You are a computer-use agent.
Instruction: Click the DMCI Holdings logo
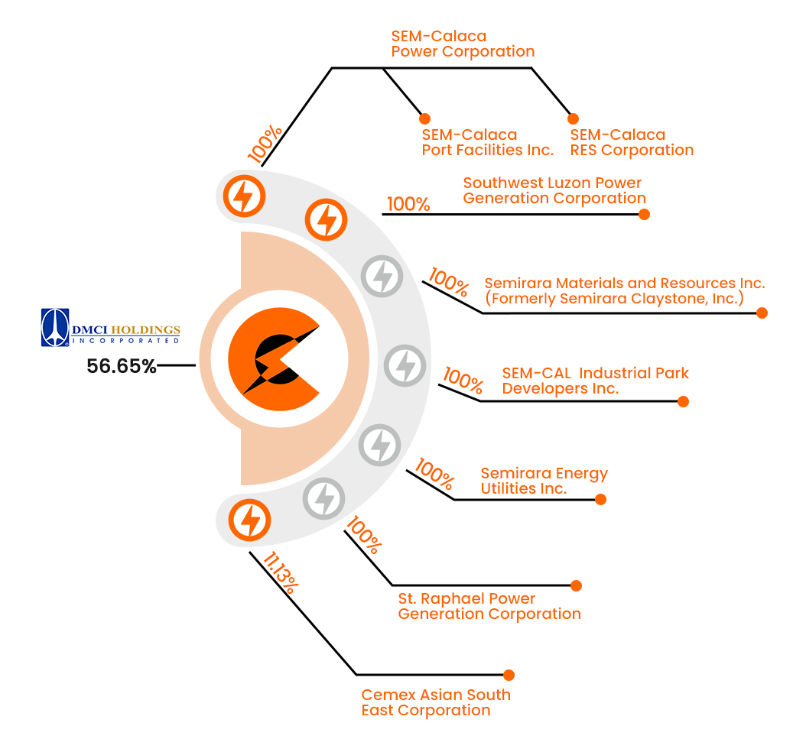coord(111,328)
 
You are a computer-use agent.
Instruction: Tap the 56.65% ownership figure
coord(122,366)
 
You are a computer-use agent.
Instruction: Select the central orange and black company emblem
coord(273,358)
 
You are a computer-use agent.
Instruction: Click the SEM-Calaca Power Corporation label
coord(462,44)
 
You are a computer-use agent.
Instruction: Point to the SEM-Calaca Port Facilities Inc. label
coord(487,143)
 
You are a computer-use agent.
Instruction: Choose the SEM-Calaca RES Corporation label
coord(632,143)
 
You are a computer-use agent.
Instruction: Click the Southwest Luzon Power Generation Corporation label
coord(554,191)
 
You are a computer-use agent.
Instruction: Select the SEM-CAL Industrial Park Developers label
coord(595,381)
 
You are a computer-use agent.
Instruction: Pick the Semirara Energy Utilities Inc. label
coord(544,481)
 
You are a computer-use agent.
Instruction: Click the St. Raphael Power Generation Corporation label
coord(489,606)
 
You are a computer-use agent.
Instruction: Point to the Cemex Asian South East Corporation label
coord(436,702)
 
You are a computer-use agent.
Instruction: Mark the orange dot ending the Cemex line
coord(509,675)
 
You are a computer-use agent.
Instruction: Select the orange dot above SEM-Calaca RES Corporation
coord(573,118)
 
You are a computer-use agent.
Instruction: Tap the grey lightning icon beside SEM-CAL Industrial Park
coord(404,365)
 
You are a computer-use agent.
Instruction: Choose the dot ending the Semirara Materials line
coord(762,313)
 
